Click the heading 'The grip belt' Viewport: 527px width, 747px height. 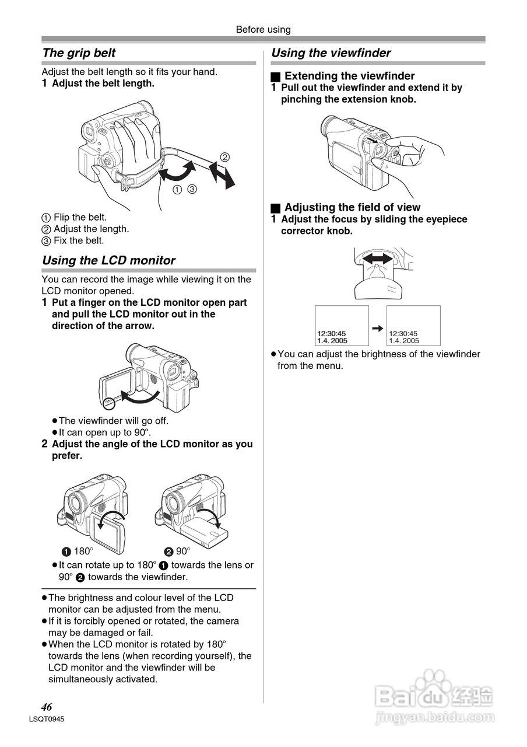pyautogui.click(x=79, y=53)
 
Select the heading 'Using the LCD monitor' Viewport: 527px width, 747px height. pyautogui.click(x=108, y=261)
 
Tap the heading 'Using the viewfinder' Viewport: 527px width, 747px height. pyautogui.click(x=331, y=53)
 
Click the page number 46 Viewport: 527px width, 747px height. pyautogui.click(x=47, y=707)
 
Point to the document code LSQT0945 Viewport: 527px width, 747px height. pyautogui.click(x=46, y=720)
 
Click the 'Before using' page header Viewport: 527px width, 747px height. pyautogui.click(x=263, y=29)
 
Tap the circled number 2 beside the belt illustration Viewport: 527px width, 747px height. pyautogui.click(x=224, y=156)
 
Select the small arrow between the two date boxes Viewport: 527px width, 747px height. pyautogui.click(x=378, y=328)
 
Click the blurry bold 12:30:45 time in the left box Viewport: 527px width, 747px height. pyautogui.click(x=331, y=334)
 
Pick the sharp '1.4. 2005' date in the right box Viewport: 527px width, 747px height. pyautogui.click(x=404, y=341)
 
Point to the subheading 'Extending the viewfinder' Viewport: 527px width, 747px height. pyautogui.click(x=349, y=76)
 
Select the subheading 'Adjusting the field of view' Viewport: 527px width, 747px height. pyautogui.click(x=352, y=207)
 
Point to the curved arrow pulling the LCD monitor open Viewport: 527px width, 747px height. pyautogui.click(x=139, y=397)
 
